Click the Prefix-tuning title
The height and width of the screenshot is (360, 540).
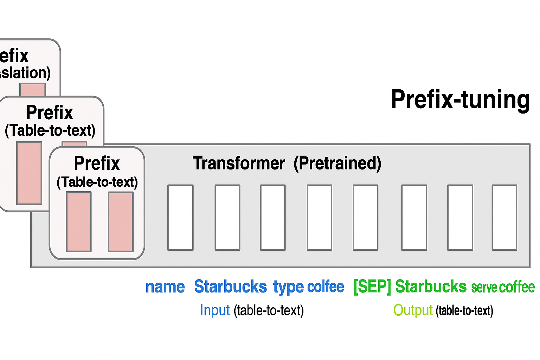460,100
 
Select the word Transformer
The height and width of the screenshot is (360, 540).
239,163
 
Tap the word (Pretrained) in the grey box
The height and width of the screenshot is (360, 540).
337,163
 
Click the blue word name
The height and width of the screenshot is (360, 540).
165,287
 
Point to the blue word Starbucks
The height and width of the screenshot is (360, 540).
230,287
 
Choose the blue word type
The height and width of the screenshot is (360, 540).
288,287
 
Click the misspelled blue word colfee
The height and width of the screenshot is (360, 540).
326,287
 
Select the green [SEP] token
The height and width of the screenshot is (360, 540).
372,287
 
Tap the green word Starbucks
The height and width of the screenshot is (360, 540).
431,287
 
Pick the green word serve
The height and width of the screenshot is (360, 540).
484,288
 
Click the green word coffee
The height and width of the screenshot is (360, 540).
517,287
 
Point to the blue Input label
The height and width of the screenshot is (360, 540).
214,310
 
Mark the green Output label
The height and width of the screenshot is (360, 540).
413,310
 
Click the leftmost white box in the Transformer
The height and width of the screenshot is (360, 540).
180,218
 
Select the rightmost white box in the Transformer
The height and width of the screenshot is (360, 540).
504,218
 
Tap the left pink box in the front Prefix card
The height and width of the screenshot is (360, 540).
79,221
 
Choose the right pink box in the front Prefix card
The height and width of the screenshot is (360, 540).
121,221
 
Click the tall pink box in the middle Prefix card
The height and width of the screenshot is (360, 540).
29,173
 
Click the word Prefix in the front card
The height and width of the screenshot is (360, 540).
97,163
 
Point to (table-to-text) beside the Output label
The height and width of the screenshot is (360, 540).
464,311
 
